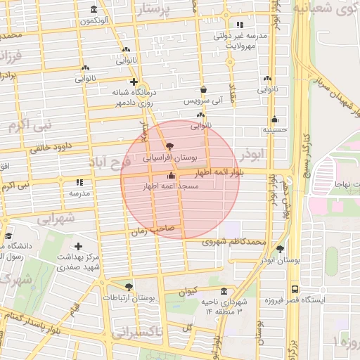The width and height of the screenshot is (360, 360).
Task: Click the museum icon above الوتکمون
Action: pyautogui.click(x=95, y=9)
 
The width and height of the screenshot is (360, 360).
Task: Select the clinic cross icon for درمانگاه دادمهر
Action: pyautogui.click(x=134, y=82)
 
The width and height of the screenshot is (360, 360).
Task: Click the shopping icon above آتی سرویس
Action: pyautogui.click(x=203, y=90)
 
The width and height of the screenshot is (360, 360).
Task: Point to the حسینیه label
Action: pyautogui.click(x=274, y=129)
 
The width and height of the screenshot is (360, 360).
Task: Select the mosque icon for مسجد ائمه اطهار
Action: pyautogui.click(x=172, y=175)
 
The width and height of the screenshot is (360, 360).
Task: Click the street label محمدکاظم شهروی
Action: pyautogui.click(x=234, y=242)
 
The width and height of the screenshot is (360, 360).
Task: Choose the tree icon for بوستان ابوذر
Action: pyautogui.click(x=281, y=249)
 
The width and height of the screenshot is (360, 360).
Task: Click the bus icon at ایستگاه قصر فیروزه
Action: pyautogui.click(x=294, y=289)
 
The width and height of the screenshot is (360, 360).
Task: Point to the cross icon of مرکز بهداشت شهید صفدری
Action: pyautogui.click(x=78, y=247)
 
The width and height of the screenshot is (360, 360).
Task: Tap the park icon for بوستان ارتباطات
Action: pyautogui.click(x=128, y=286)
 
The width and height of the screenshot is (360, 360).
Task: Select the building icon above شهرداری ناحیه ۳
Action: pyautogui.click(x=224, y=291)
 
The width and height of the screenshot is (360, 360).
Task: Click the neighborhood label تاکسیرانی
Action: pyautogui.click(x=138, y=330)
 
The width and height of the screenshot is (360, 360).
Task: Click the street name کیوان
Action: pyautogui.click(x=187, y=290)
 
